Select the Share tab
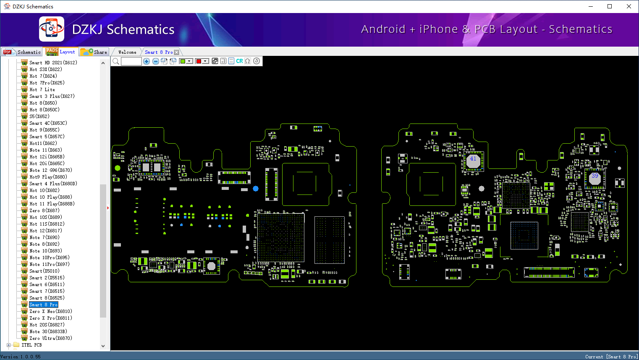tap(94, 52)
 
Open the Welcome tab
tap(127, 52)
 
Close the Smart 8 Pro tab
tap(177, 53)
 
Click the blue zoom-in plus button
tap(147, 61)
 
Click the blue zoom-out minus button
tap(156, 61)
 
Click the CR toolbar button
tap(239, 61)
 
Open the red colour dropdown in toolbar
tap(205, 61)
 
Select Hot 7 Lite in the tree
tap(42, 89)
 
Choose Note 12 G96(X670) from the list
tap(50, 170)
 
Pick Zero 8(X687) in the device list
tap(44, 210)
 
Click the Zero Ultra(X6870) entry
tap(50, 338)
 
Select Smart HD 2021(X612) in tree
tap(53, 63)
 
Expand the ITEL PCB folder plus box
tap(8, 345)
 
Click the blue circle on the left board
tap(256, 189)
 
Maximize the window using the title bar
tap(610, 6)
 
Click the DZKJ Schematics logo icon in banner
tap(51, 29)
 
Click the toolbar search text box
tap(131, 61)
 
